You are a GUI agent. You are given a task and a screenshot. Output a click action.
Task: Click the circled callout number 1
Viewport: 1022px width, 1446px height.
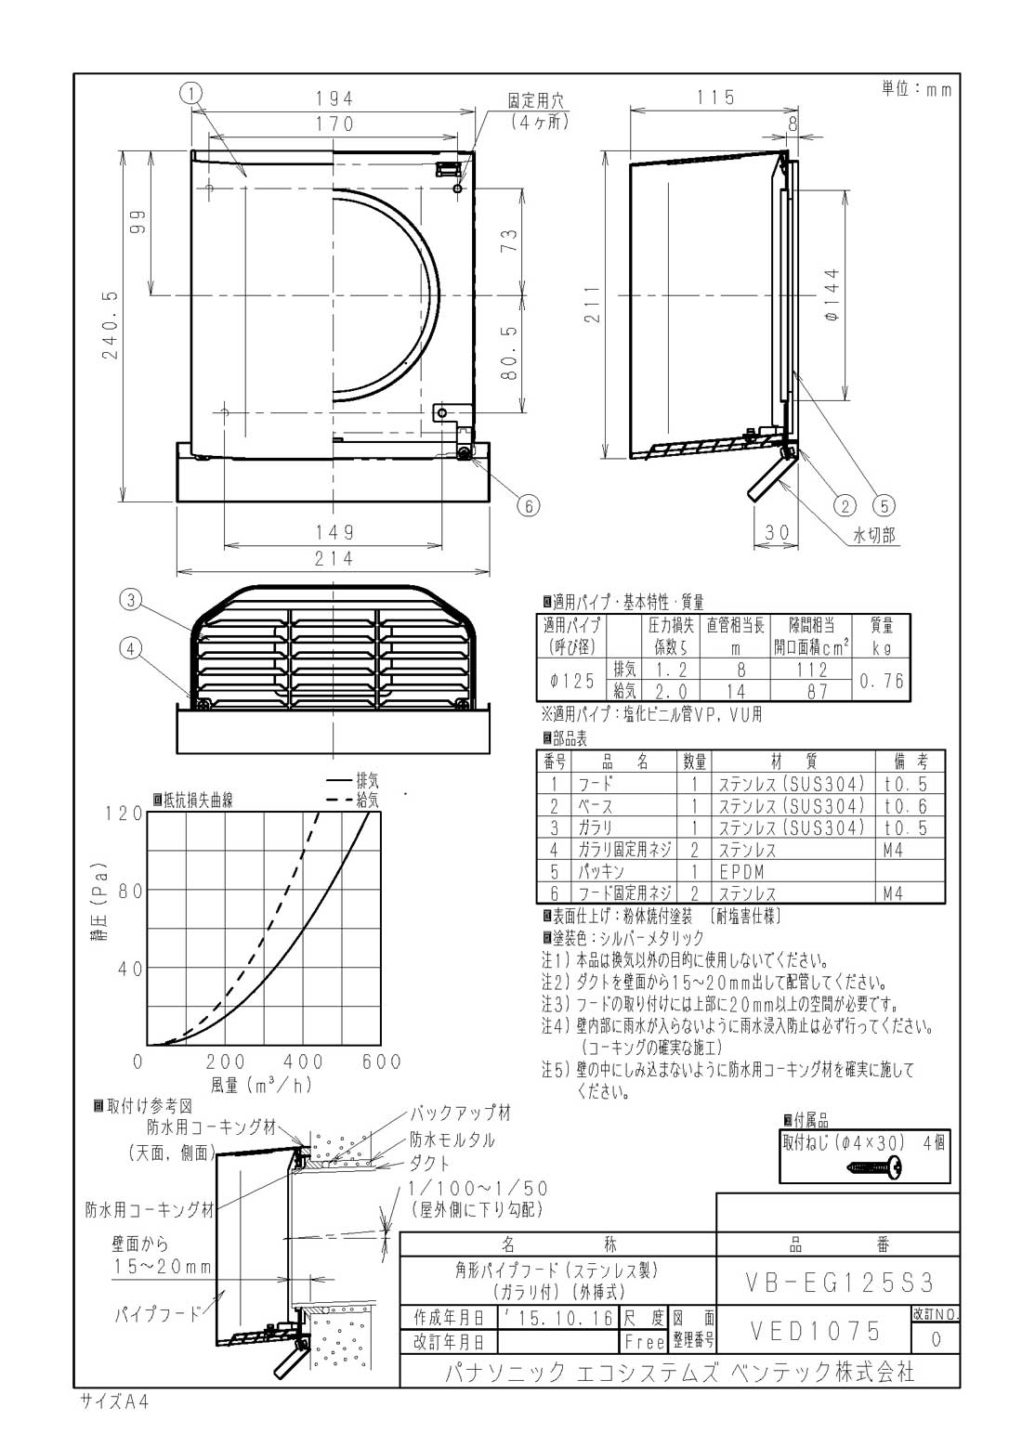pyautogui.click(x=191, y=94)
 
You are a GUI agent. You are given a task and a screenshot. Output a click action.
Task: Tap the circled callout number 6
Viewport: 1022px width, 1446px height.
pyautogui.click(x=529, y=505)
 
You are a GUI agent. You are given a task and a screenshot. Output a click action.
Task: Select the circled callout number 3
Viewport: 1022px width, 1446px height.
pyautogui.click(x=130, y=600)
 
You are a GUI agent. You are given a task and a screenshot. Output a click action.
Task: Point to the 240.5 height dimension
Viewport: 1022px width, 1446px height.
pyautogui.click(x=111, y=325)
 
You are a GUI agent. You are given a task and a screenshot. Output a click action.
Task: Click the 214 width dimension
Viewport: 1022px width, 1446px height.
pyautogui.click(x=334, y=558)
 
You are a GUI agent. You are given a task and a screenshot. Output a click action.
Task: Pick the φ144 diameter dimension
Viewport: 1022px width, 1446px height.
pyautogui.click(x=832, y=295)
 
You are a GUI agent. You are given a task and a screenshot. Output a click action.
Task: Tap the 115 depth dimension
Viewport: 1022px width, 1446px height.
pyautogui.click(x=715, y=98)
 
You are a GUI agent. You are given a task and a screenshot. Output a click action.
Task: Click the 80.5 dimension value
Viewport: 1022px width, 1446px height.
pyautogui.click(x=509, y=353)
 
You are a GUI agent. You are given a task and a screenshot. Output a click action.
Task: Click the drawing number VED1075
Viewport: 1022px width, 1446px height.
pyautogui.click(x=815, y=1331)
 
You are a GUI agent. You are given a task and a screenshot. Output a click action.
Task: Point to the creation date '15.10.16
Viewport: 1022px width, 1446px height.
pyautogui.click(x=559, y=1318)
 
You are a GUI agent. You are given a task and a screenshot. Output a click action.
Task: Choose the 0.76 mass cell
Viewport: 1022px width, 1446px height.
pyautogui.click(x=882, y=681)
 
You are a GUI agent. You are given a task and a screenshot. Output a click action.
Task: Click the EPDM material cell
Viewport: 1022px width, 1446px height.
pyautogui.click(x=741, y=871)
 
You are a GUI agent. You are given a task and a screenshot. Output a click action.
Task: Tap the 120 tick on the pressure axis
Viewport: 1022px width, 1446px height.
pyautogui.click(x=124, y=813)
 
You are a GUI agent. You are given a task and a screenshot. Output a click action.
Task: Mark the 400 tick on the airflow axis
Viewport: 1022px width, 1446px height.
pyautogui.click(x=303, y=1062)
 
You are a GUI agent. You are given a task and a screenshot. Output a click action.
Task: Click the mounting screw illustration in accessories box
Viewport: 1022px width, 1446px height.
pyautogui.click(x=875, y=1166)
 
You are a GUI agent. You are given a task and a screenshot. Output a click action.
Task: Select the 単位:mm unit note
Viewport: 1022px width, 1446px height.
pyautogui.click(x=916, y=89)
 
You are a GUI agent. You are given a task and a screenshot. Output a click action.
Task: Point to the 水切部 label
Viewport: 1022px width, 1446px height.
pyautogui.click(x=874, y=535)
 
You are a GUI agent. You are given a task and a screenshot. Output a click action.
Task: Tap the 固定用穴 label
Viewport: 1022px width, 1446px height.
pyautogui.click(x=536, y=100)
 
